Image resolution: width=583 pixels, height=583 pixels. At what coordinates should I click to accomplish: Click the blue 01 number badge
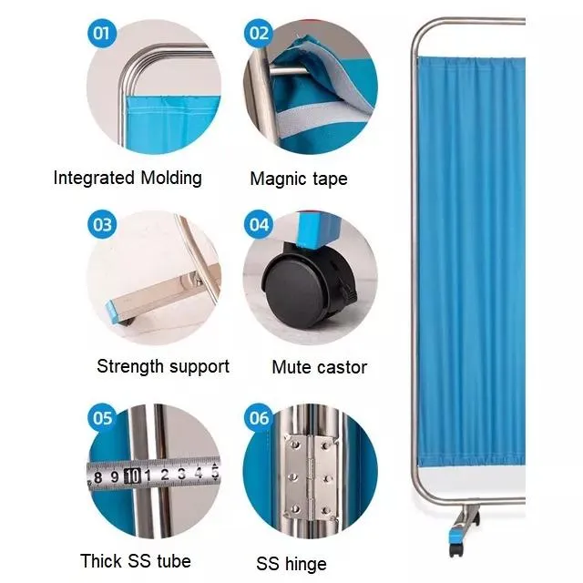click(x=102, y=36)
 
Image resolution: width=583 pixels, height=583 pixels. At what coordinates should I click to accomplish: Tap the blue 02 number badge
click(x=260, y=36)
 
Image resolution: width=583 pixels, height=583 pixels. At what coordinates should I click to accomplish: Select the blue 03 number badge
click(x=102, y=224)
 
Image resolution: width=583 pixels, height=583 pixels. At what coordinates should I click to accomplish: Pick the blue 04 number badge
click(x=260, y=224)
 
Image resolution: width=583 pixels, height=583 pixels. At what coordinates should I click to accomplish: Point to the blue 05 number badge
click(x=102, y=418)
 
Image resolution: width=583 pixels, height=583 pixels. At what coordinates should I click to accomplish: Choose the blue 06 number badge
click(x=260, y=418)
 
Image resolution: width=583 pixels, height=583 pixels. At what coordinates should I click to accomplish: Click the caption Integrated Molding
click(x=128, y=178)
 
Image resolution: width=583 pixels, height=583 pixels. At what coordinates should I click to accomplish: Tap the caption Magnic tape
click(x=299, y=179)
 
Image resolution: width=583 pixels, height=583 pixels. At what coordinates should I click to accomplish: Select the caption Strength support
click(x=163, y=366)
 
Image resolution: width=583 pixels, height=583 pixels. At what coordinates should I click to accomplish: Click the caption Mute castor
click(x=319, y=367)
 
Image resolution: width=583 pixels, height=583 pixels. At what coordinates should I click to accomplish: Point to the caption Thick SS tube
click(x=136, y=560)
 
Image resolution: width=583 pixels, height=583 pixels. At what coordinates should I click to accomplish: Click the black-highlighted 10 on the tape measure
click(x=133, y=475)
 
